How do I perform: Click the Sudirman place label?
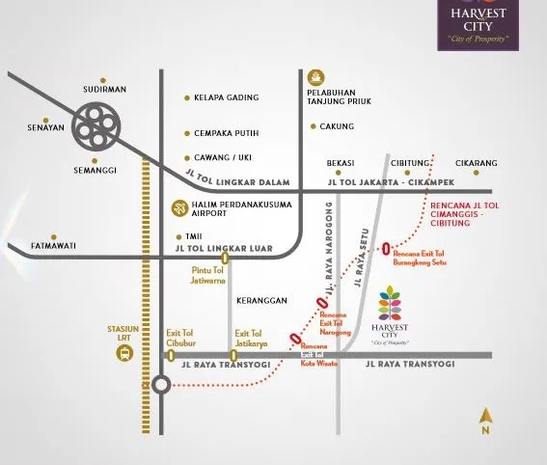pos(104,89)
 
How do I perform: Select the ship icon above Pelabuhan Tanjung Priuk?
pos(315,75)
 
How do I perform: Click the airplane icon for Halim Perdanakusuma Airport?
pos(178,207)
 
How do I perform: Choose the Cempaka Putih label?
pos(228,133)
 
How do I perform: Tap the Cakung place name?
pos(337,126)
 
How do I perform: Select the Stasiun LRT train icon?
pos(124,354)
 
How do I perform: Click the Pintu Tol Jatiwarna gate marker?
pos(225,258)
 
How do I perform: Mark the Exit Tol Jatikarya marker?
pos(233,355)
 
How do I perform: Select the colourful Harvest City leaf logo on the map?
pos(390,303)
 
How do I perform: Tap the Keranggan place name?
pos(263,301)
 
